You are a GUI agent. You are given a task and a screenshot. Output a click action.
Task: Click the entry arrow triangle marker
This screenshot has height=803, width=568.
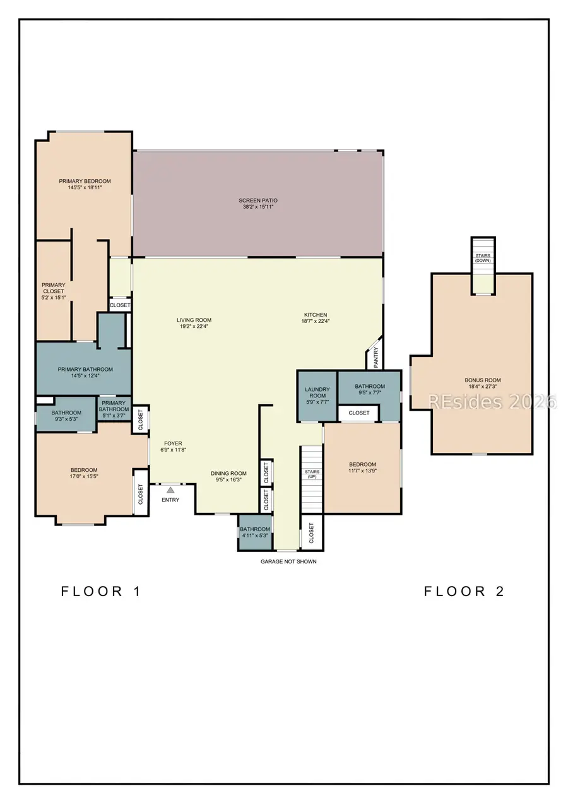tap(170, 489)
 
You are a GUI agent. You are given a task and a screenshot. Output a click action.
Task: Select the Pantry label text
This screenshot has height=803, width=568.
tap(376, 358)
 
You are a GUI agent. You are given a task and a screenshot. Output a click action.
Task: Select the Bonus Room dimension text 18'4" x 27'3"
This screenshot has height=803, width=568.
tap(483, 387)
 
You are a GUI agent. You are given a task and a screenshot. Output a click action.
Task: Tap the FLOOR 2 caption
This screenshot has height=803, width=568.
tap(464, 591)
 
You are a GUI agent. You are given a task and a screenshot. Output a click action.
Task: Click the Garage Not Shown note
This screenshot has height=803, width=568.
tap(288, 561)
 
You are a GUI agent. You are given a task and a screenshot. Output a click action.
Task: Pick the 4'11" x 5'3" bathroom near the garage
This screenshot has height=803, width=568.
tap(255, 532)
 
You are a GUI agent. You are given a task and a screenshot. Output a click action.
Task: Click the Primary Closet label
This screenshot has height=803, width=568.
tap(53, 291)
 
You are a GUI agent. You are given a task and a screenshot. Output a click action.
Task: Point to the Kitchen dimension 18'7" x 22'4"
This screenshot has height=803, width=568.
tap(316, 321)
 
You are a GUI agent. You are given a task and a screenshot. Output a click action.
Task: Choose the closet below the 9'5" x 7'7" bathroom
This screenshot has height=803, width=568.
tap(358, 413)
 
